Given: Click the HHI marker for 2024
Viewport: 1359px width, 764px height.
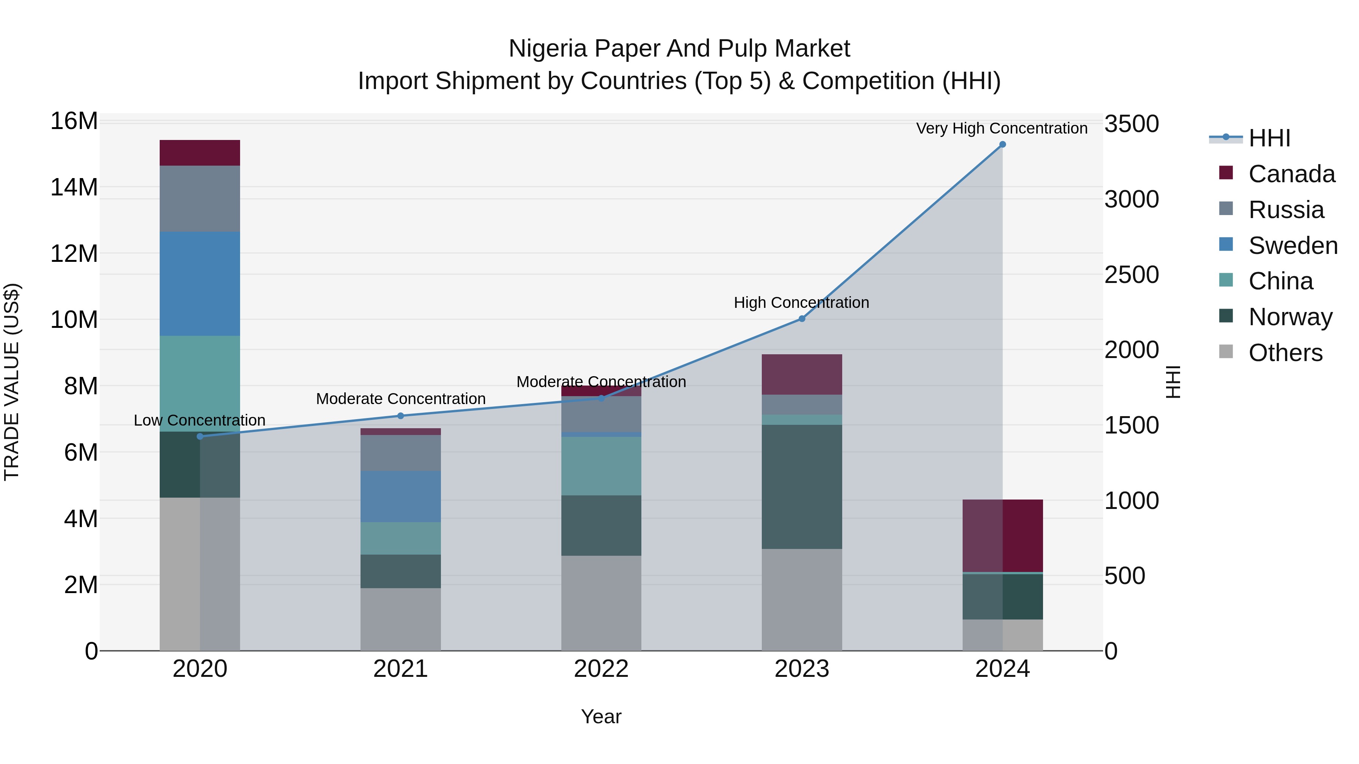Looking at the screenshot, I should click(1002, 144).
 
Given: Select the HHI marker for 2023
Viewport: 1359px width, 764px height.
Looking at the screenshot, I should click(802, 318).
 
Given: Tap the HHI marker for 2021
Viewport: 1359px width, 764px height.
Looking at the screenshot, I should click(401, 415).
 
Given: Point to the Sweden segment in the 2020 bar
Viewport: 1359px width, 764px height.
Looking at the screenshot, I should click(200, 284).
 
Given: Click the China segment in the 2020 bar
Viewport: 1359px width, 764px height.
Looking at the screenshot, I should click(200, 383).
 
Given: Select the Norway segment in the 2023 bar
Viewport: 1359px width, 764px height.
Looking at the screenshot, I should click(802, 487).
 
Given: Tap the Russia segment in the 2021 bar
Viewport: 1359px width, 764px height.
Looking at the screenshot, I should click(401, 452).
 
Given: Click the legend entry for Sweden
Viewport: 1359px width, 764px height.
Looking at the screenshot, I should click(1292, 246).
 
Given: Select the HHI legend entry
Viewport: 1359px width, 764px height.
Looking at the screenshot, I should click(1269, 138).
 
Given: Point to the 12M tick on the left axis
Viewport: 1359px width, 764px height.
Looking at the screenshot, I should click(74, 254).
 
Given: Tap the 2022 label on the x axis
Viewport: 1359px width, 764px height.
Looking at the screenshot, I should click(601, 669).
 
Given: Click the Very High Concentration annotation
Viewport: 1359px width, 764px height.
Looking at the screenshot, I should click(1001, 128).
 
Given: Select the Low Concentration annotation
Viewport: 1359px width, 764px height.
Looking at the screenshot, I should click(199, 420).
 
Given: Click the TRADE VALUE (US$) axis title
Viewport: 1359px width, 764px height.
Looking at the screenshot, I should click(12, 382).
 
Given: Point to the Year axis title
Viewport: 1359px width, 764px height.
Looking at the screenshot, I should click(601, 716).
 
